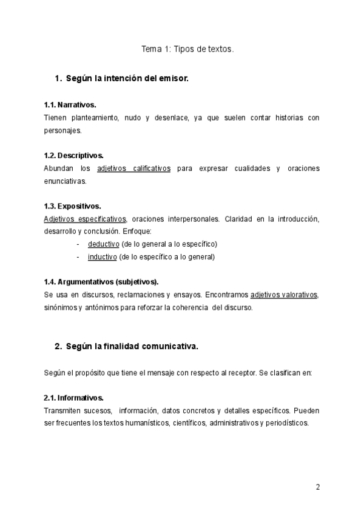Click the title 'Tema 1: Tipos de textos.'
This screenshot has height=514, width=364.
187,51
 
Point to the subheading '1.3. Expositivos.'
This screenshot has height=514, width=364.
72,206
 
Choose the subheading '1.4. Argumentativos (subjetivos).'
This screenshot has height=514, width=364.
101,282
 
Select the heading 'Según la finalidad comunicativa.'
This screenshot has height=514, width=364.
132,347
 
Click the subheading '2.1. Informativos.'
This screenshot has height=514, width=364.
73,398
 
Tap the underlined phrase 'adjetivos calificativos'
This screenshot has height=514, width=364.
134,168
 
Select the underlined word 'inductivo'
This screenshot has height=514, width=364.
102,256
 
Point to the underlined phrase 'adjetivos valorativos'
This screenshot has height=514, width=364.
283,295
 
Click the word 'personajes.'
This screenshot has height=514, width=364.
62,130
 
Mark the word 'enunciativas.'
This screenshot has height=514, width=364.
66,181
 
